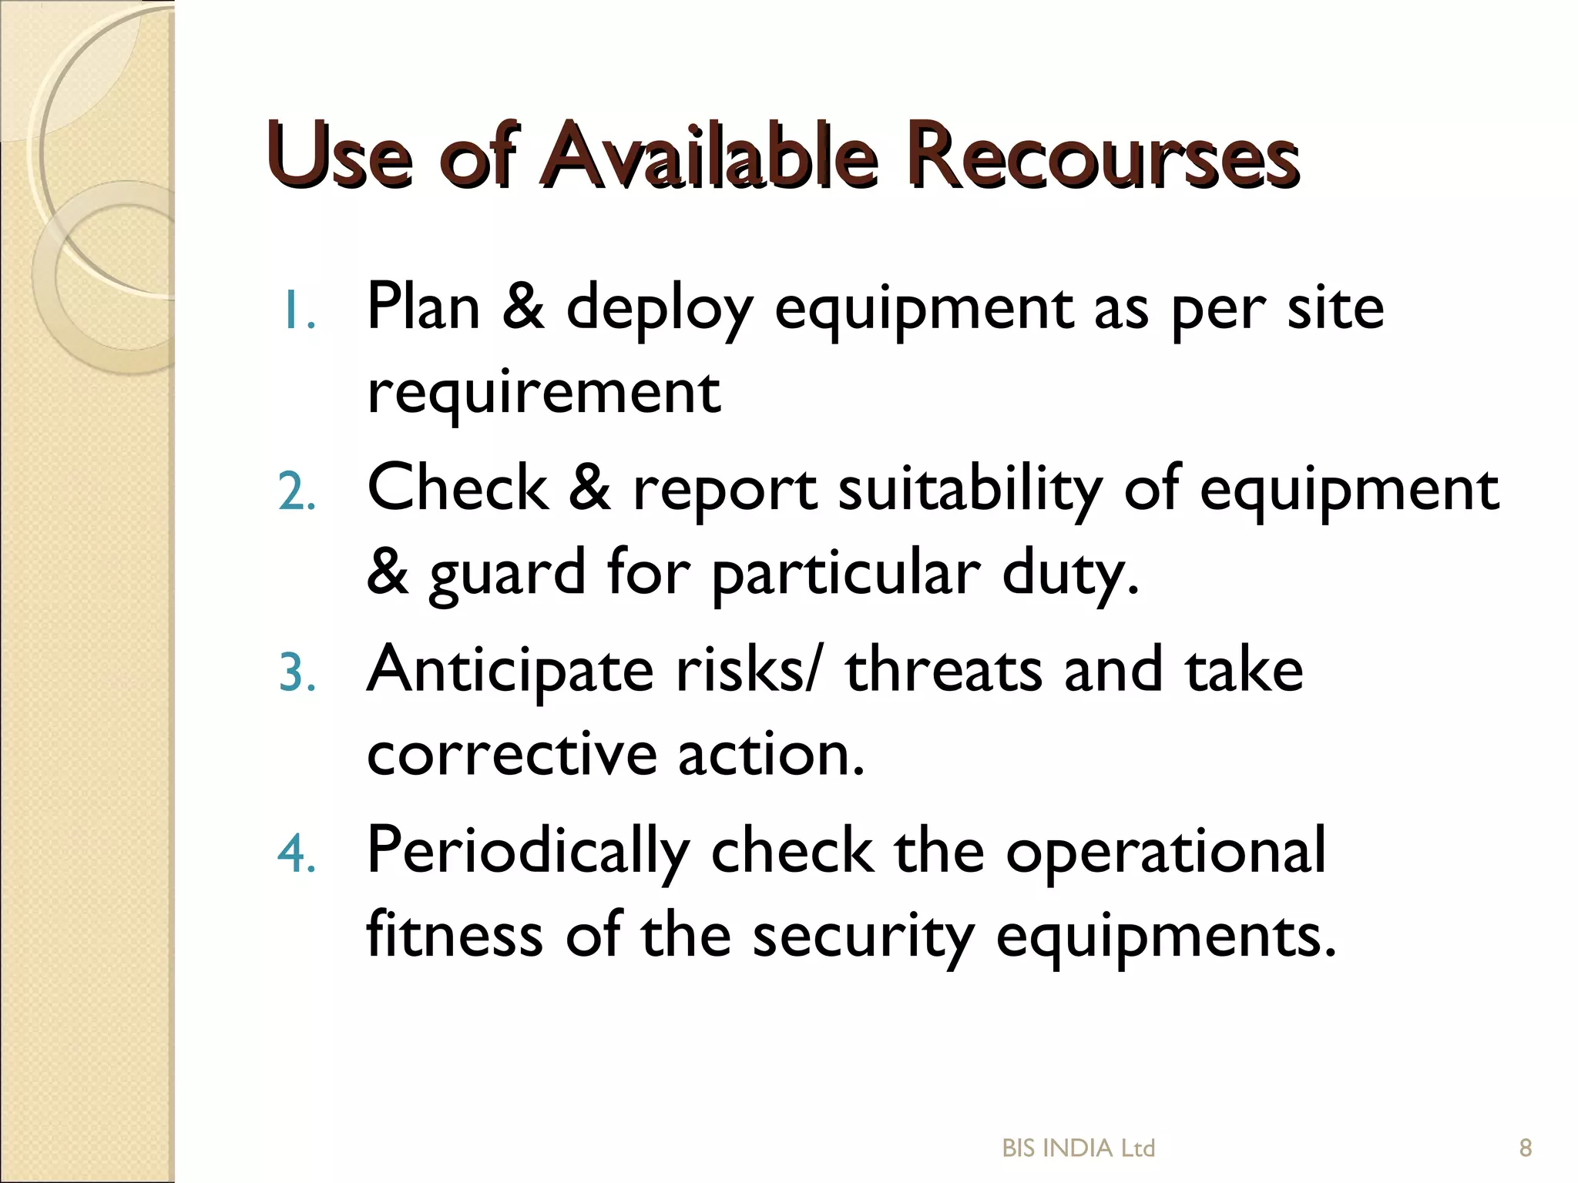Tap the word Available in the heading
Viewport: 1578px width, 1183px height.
pos(709,156)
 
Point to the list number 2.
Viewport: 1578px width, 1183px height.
pos(297,493)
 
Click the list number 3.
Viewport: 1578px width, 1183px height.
pos(297,674)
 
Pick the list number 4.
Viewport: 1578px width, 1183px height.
pos(297,855)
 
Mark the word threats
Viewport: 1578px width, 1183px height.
pos(944,670)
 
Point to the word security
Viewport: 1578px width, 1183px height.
pos(863,936)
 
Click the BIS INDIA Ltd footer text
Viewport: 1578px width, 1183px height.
pos(1078,1148)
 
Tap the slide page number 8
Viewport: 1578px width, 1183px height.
pos(1525,1148)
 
